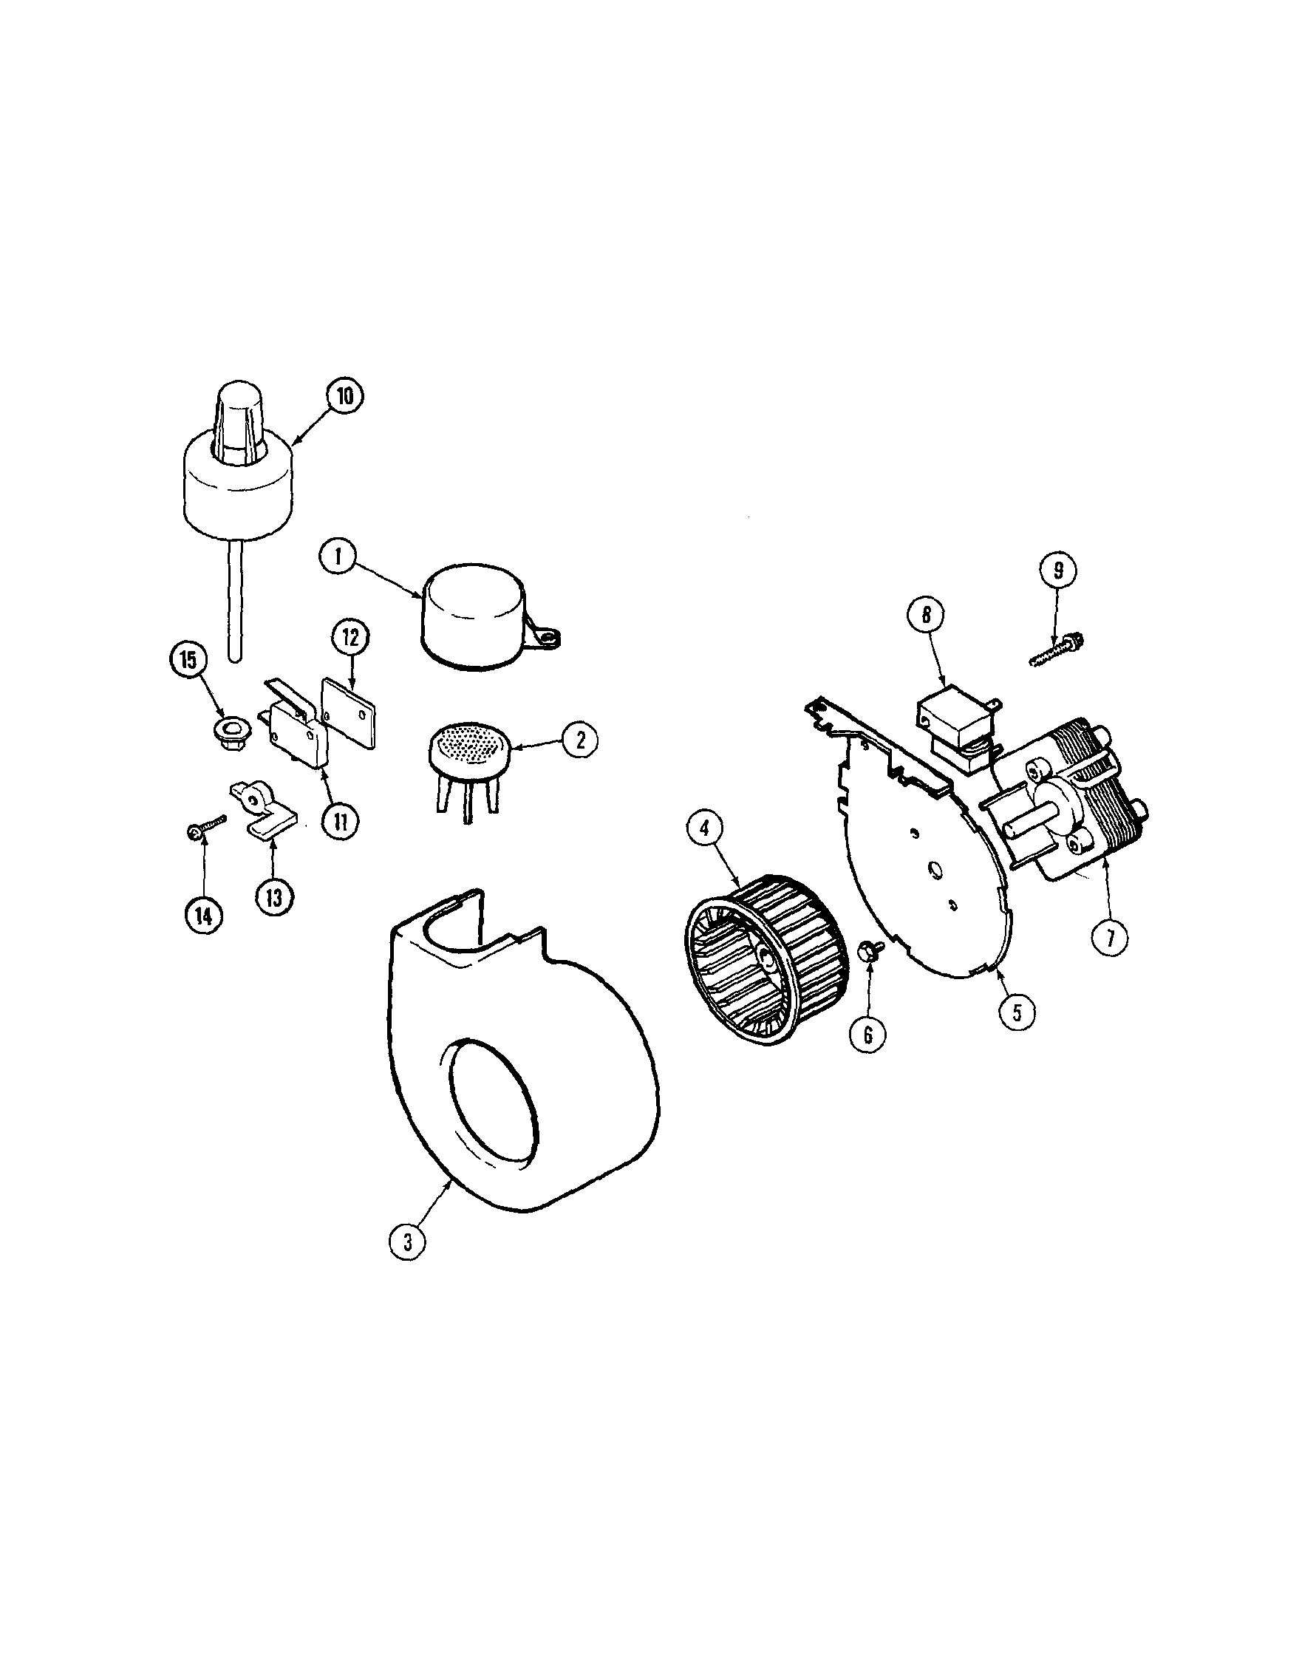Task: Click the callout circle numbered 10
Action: (x=346, y=398)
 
